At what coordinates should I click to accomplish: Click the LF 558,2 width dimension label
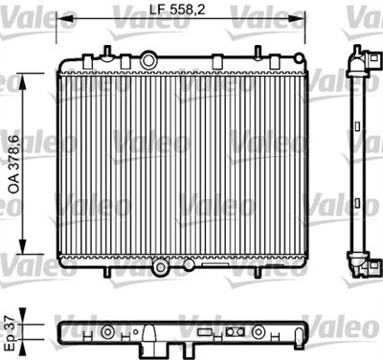(x=177, y=9)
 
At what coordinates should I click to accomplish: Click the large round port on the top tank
(x=148, y=60)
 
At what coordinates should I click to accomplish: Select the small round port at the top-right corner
(x=299, y=58)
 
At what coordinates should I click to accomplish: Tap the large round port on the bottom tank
(x=160, y=267)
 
